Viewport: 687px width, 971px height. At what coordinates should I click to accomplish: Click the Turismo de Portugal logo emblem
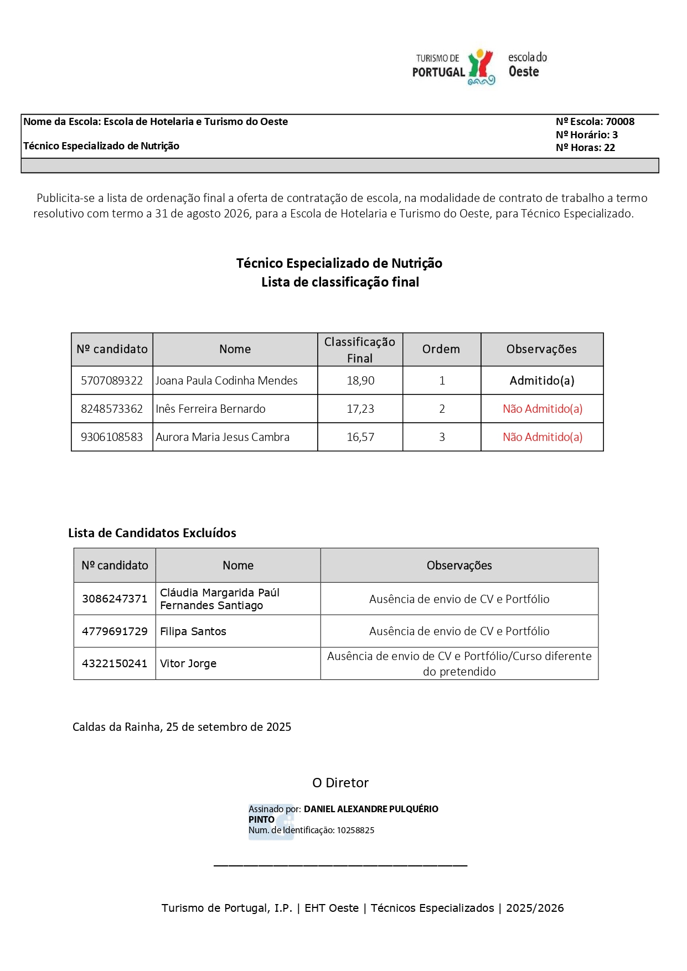click(x=481, y=67)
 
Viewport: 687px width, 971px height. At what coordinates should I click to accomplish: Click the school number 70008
click(x=619, y=122)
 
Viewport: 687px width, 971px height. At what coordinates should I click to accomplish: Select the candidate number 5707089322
click(x=112, y=381)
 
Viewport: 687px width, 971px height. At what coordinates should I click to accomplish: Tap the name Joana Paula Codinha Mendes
click(x=226, y=381)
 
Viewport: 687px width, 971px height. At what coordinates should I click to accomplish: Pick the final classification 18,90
click(x=360, y=381)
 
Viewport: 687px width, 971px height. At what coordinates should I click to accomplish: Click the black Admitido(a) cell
click(x=541, y=381)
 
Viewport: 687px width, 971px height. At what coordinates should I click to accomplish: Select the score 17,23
click(x=360, y=409)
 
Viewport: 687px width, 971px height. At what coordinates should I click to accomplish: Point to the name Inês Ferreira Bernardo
click(x=210, y=409)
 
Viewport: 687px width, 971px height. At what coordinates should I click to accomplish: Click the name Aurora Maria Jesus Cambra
click(x=223, y=437)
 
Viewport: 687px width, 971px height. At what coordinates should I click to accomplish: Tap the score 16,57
click(x=360, y=437)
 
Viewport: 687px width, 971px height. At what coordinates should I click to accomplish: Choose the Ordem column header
click(x=441, y=349)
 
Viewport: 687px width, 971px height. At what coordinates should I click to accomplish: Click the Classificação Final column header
click(x=360, y=350)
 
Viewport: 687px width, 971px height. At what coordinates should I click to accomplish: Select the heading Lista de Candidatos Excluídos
click(x=152, y=533)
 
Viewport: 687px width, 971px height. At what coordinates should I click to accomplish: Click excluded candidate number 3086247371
click(x=115, y=599)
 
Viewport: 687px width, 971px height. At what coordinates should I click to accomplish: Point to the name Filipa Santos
click(x=193, y=631)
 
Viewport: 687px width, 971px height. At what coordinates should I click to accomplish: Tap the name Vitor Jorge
click(x=188, y=663)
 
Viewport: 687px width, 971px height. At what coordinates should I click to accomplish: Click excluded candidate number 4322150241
click(x=115, y=663)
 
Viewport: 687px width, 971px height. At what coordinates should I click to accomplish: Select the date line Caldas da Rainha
click(x=182, y=727)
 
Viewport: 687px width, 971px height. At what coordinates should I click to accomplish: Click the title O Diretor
click(x=340, y=783)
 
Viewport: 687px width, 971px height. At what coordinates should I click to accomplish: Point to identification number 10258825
click(x=355, y=830)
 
